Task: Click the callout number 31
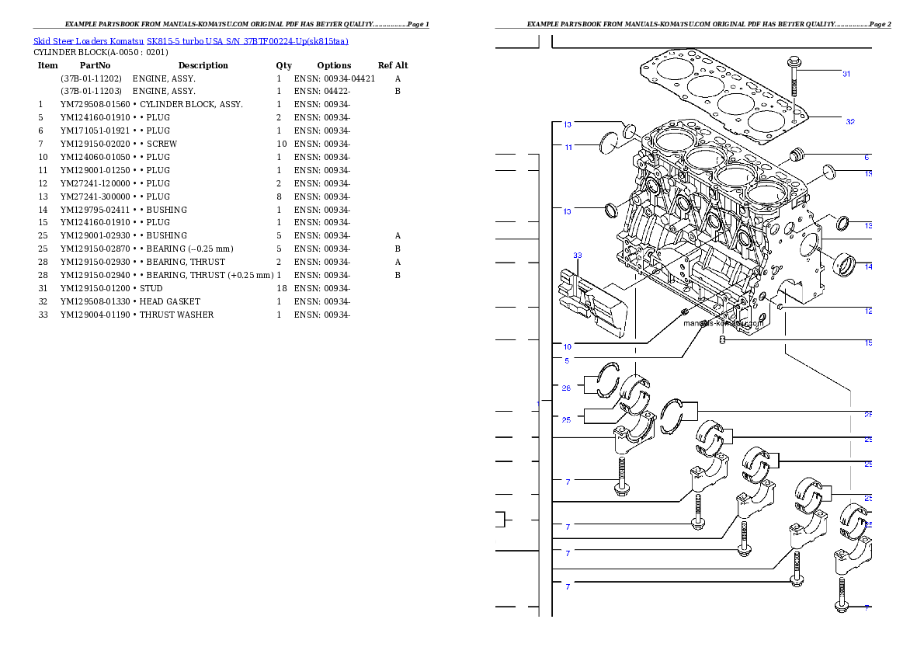tap(846, 74)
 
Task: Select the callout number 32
tap(849, 121)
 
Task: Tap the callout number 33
tap(577, 255)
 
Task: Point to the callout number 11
tap(568, 147)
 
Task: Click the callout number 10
tap(568, 346)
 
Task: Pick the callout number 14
tap(868, 266)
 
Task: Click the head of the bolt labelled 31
tap(794, 61)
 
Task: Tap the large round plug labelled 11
tap(611, 142)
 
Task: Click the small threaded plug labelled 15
tap(723, 340)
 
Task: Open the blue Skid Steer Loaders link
tap(190, 40)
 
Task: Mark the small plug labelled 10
tap(684, 312)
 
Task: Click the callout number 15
tap(868, 342)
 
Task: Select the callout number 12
tap(868, 311)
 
